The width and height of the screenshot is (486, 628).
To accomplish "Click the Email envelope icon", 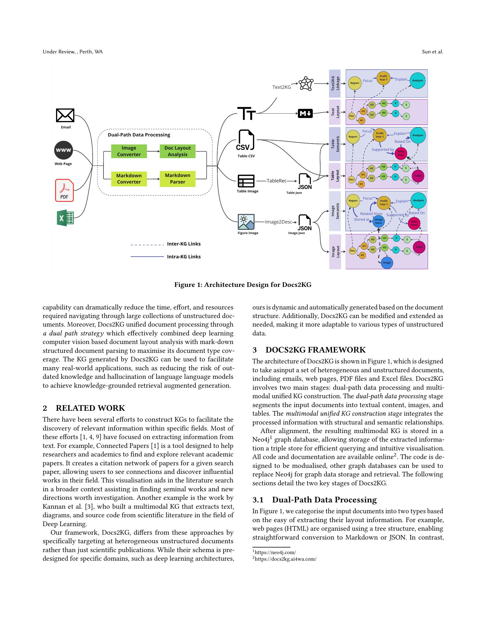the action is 65,115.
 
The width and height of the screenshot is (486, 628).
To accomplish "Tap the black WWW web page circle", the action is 63,150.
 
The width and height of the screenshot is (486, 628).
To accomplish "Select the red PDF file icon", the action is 65,190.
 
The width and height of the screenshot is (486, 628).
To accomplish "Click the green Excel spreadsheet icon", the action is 65,218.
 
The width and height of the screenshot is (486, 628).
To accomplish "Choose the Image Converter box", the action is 129,151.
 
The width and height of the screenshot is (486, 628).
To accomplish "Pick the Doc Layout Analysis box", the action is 178,151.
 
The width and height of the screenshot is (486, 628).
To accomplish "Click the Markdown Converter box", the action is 129,179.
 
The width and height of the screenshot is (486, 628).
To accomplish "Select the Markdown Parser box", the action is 178,179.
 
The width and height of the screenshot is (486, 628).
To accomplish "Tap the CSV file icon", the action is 245,140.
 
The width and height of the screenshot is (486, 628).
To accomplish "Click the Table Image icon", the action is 246,181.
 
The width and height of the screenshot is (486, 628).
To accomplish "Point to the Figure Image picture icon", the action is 246,222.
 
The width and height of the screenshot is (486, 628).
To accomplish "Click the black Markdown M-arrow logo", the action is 305,114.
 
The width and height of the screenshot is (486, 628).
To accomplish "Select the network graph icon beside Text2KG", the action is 306,84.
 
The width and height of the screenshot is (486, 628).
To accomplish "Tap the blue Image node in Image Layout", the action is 387,263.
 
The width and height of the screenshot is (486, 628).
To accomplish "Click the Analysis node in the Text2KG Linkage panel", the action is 417,80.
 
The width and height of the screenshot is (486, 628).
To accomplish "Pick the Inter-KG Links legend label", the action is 184,244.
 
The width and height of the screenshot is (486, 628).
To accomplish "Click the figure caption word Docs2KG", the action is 297,285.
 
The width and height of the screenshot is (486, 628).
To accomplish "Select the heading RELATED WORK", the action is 90,408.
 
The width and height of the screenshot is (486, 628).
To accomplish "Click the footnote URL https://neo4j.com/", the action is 275,552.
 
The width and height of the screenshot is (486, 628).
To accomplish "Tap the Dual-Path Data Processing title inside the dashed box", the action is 139,135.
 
